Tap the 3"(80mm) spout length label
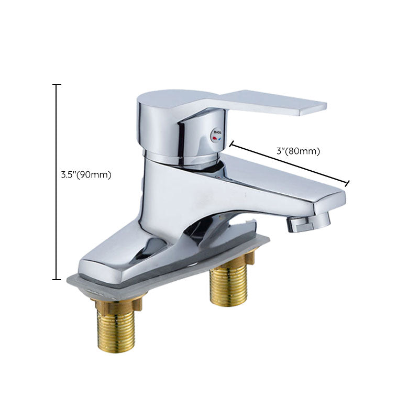tap(297, 151)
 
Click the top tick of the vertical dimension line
tap(57, 84)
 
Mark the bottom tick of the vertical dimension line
tap(57, 280)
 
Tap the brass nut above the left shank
tap(116, 303)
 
